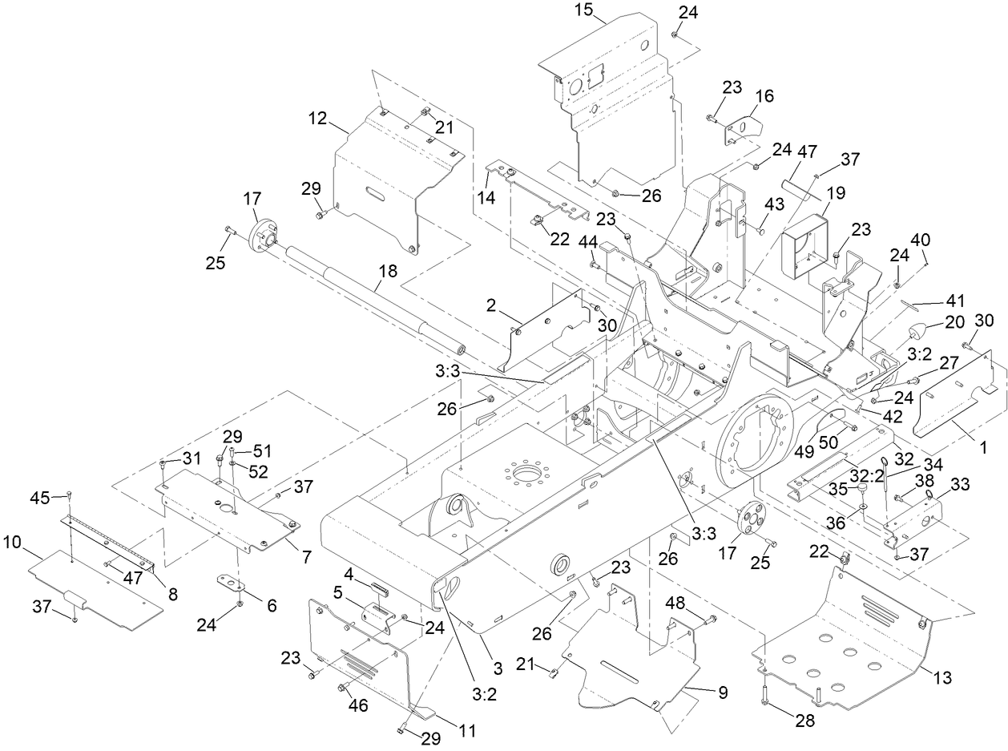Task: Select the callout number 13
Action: (x=942, y=678)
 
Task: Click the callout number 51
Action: (x=263, y=450)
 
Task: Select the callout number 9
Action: (x=723, y=692)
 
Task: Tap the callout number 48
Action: (x=675, y=603)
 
